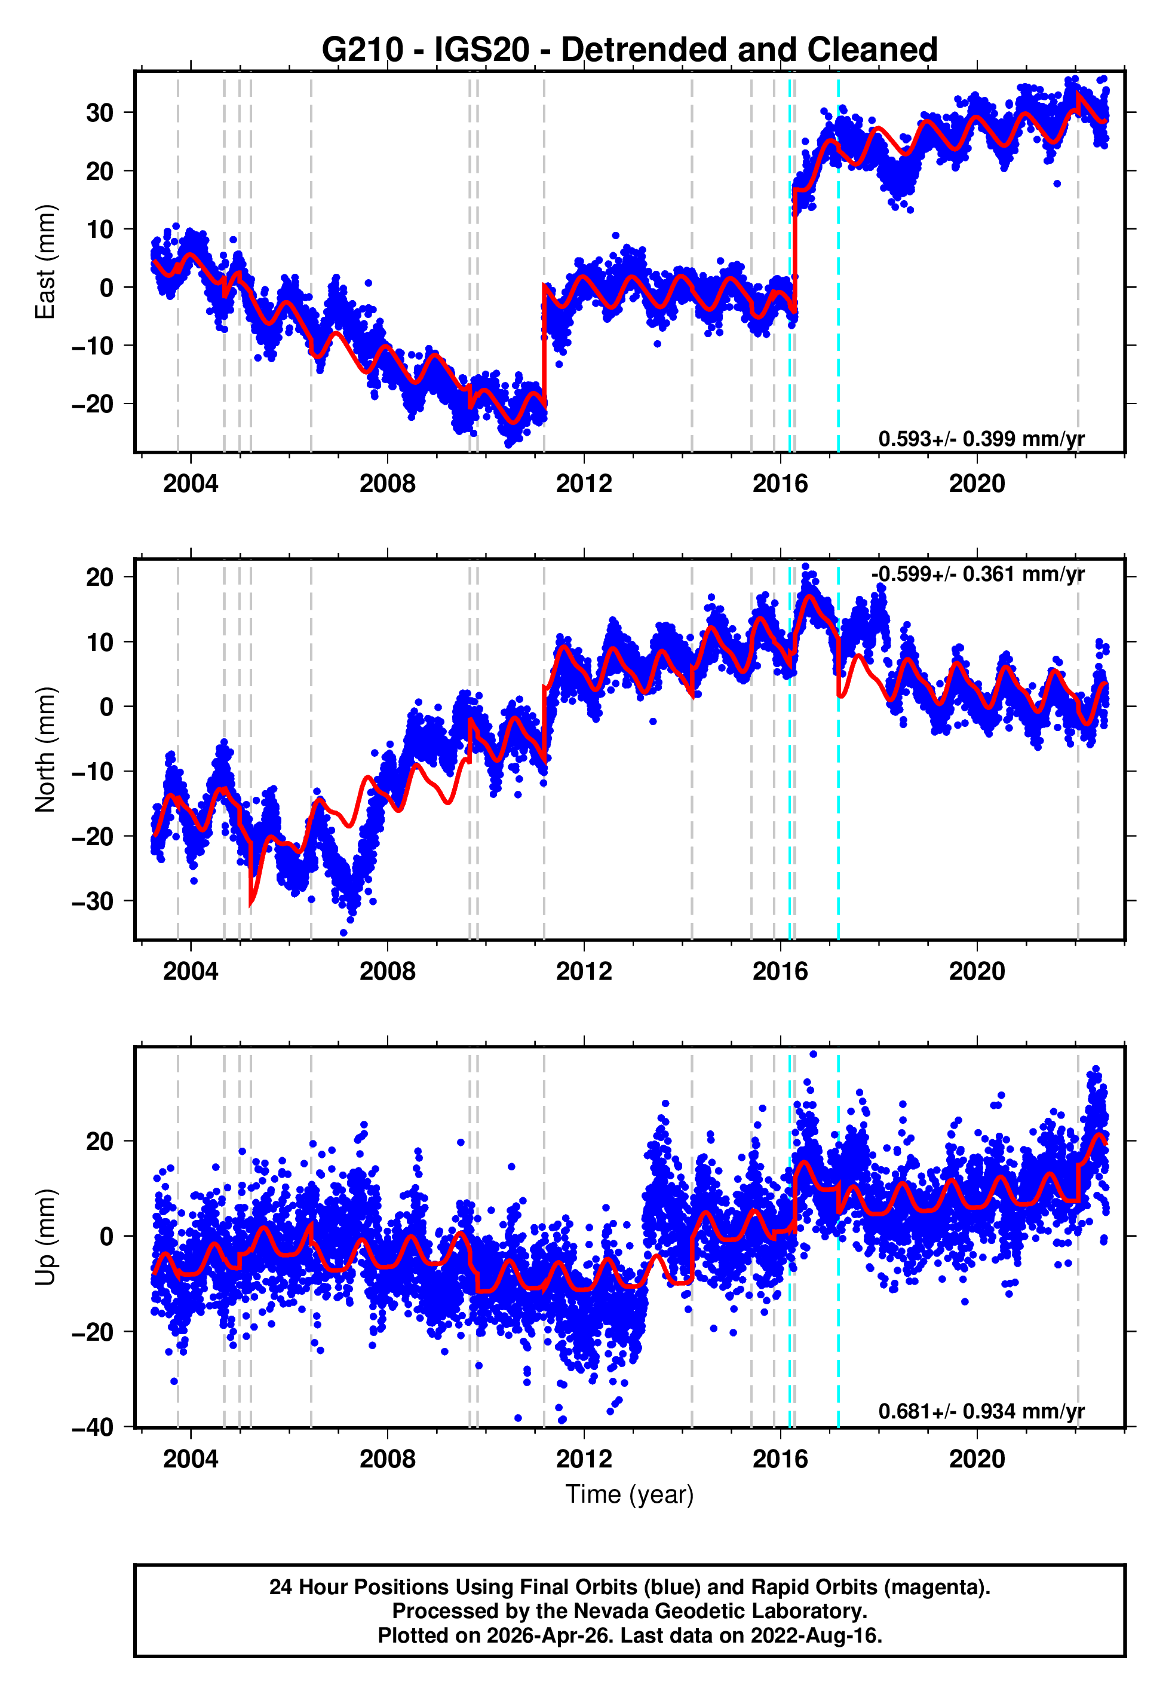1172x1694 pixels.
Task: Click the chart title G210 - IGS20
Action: [x=630, y=50]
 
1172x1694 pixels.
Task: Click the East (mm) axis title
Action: [x=45, y=262]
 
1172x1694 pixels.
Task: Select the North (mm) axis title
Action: [x=45, y=750]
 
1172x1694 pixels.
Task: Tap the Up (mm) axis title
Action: [x=45, y=1237]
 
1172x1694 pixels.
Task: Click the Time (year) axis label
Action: [x=630, y=1494]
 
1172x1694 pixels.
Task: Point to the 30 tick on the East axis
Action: [x=100, y=113]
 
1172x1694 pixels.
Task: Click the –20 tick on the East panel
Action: [x=93, y=404]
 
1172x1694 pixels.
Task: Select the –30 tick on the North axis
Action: [x=93, y=901]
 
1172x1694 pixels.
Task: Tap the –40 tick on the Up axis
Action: [x=93, y=1427]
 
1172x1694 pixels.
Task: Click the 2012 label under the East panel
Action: [x=584, y=484]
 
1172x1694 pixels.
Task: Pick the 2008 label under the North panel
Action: [x=387, y=971]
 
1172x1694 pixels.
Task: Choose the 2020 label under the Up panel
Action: [x=977, y=1459]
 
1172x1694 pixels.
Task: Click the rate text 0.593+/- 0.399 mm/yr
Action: [x=981, y=439]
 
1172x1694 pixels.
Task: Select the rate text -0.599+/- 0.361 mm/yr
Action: [x=978, y=574]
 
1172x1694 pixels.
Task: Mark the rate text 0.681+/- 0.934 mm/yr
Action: [x=981, y=1411]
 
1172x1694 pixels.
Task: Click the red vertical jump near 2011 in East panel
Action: [x=544, y=345]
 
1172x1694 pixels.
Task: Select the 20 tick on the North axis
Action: [x=100, y=577]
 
